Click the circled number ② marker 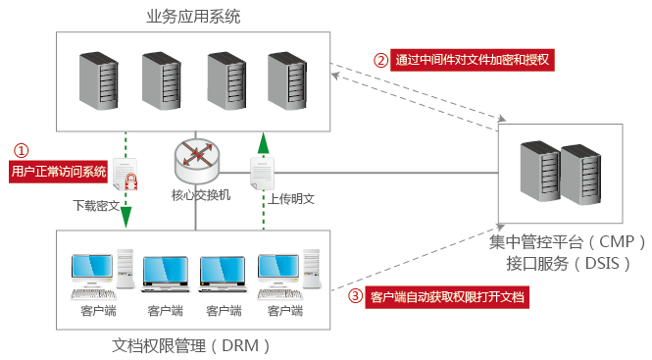coord(380,60)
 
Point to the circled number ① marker coord(21,150)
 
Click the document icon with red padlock coord(125,178)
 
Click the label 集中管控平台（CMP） coord(556,241)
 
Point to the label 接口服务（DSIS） coord(556,263)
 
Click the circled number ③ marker coord(356,295)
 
